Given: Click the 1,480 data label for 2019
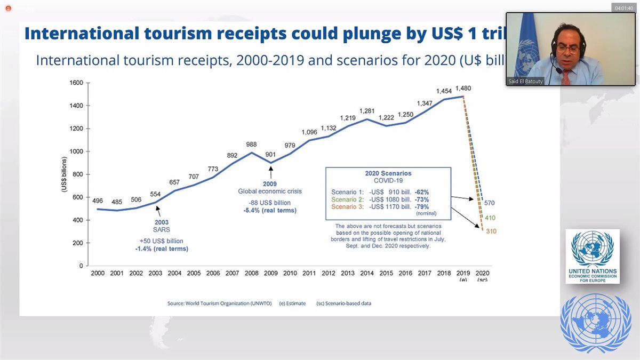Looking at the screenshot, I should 463,88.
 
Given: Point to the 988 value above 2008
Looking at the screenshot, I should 252,144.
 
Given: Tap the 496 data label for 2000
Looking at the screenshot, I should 98,201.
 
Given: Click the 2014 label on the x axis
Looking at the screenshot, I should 366,273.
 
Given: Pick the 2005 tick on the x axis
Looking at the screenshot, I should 194,273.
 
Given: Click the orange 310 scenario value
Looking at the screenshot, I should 491,231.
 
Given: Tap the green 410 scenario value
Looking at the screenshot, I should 491,218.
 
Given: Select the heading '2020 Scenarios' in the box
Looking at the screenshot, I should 388,173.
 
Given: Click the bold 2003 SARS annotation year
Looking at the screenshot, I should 162,222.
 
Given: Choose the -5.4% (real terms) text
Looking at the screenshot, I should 271,211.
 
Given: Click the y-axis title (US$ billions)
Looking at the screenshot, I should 64,174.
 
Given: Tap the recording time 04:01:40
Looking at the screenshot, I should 623,9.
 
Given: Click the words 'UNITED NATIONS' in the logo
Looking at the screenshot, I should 593,271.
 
